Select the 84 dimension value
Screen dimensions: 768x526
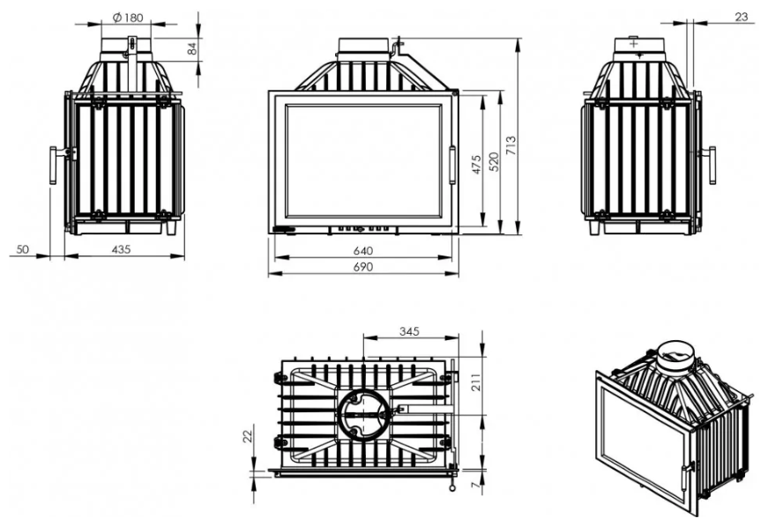193,49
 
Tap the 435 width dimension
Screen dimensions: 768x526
122,249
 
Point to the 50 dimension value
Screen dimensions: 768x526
23,249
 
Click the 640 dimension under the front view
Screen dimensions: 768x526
362,251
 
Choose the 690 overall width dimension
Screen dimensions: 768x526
362,267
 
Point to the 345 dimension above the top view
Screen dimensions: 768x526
409,331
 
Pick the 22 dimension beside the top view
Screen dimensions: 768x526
248,435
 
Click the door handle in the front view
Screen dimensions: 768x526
452,166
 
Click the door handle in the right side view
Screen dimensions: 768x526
710,165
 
